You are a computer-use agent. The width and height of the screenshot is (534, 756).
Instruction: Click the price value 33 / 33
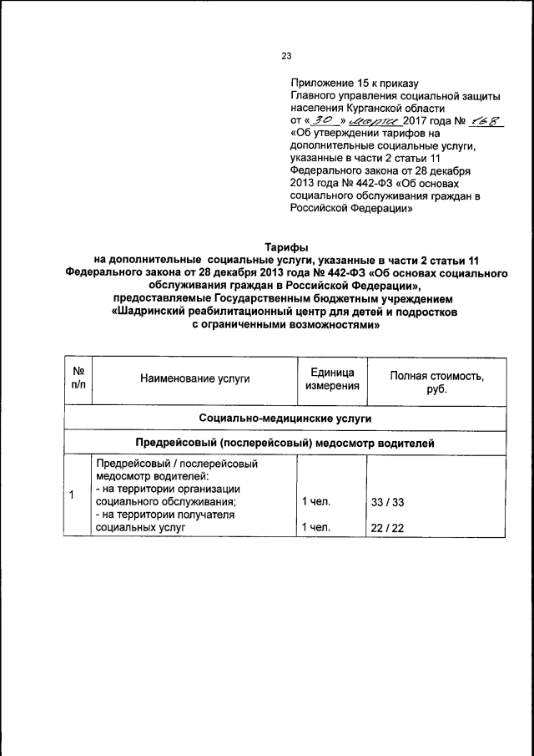point(386,502)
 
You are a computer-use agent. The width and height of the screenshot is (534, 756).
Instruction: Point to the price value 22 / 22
point(386,528)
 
